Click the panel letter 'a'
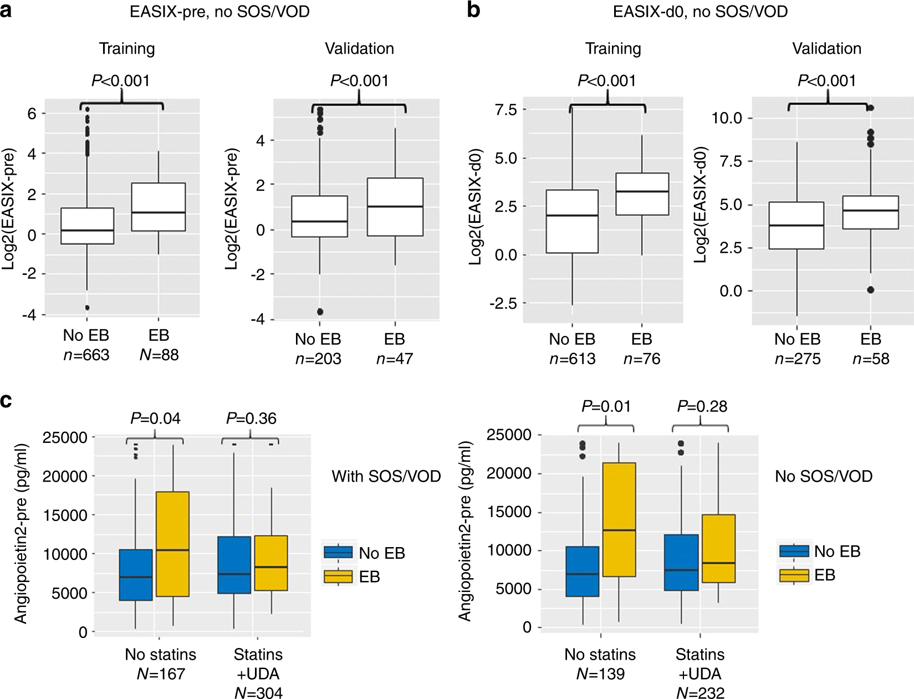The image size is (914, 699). [6, 10]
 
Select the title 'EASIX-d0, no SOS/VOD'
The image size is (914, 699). [700, 12]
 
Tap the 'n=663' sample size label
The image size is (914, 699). [86, 355]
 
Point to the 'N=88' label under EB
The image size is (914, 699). [159, 355]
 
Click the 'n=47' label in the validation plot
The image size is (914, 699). [395, 359]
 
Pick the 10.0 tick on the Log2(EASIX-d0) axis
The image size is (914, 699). [726, 118]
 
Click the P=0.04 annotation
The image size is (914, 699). [155, 419]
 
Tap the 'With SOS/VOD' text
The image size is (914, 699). [386, 476]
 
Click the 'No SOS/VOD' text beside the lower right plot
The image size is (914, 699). [824, 476]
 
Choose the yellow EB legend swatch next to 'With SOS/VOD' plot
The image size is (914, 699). [338, 577]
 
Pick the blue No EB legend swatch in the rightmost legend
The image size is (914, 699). [794, 551]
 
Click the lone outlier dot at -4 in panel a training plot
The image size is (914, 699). [87, 308]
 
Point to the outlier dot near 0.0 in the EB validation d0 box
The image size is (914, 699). [871, 290]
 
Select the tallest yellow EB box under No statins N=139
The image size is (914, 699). [619, 519]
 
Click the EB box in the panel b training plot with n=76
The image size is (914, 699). [642, 194]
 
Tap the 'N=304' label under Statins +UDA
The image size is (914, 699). [258, 693]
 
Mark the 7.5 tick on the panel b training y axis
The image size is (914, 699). [505, 110]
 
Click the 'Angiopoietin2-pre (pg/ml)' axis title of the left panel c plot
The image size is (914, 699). [21, 533]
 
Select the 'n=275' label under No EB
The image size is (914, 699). [797, 359]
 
